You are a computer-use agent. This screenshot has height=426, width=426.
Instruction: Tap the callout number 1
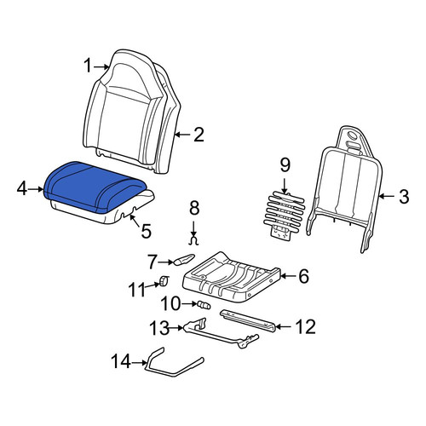pyautogui.click(x=88, y=66)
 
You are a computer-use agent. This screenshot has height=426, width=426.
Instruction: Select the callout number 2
pyautogui.click(x=199, y=135)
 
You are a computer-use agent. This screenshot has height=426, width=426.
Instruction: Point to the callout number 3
pyautogui.click(x=404, y=196)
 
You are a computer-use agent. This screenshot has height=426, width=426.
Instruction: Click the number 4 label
pyautogui.click(x=22, y=188)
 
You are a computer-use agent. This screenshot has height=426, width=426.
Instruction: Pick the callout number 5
pyautogui.click(x=146, y=231)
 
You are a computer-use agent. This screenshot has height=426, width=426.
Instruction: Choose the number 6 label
pyautogui.click(x=303, y=276)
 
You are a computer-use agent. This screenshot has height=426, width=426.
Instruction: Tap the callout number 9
pyautogui.click(x=285, y=164)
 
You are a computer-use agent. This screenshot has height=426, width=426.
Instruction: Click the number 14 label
pyautogui.click(x=121, y=361)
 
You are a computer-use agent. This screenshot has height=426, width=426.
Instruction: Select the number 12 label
pyautogui.click(x=305, y=327)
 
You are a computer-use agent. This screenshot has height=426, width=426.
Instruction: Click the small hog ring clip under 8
pyautogui.click(x=193, y=241)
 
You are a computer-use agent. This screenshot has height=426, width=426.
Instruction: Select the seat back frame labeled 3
pyautogui.click(x=343, y=190)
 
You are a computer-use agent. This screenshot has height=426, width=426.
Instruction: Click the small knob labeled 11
pyautogui.click(x=164, y=281)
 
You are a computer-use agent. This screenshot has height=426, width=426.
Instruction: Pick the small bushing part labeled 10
pyautogui.click(x=204, y=305)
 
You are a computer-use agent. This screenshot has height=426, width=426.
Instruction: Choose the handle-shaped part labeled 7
pyautogui.click(x=184, y=259)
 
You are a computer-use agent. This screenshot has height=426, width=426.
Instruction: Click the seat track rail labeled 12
pyautogui.click(x=248, y=320)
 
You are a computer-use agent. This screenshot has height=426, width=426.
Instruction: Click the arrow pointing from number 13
pyautogui.click(x=176, y=328)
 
